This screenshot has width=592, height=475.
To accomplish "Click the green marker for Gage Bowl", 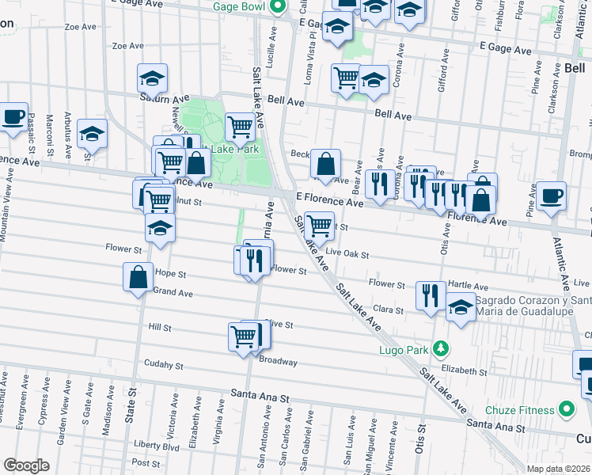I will tap(276, 8).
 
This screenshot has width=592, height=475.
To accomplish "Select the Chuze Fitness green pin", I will tap(566, 409).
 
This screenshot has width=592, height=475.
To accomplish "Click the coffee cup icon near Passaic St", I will tap(13, 117).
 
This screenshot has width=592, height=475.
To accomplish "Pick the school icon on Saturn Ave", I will tap(152, 78).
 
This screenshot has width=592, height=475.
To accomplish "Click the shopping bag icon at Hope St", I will tap(138, 277).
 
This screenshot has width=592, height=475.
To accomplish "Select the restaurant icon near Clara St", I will tap(429, 296).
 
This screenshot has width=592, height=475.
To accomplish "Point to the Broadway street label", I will tap(278, 362).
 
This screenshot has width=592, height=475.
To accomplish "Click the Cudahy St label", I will tap(164, 366).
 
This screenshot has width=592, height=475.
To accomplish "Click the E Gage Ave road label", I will tap(504, 49).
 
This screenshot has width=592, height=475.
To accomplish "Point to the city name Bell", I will tap(575, 69).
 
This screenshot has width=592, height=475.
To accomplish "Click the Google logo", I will tap(27, 465).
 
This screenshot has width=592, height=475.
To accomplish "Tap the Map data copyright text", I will tap(559, 468).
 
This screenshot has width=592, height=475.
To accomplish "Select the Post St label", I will tap(146, 462).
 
